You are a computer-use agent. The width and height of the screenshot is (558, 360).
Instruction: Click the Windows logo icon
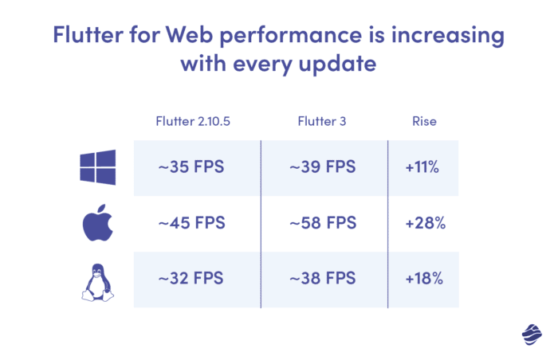(98, 168)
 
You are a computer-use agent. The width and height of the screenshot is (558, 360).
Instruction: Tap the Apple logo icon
(98, 224)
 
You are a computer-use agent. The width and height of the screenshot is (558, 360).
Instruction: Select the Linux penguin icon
(98, 280)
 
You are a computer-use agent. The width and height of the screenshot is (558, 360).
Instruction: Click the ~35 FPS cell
(196, 168)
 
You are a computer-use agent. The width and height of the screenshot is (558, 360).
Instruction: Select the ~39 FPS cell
(324, 168)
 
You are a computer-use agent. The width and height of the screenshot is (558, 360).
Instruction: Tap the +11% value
(424, 168)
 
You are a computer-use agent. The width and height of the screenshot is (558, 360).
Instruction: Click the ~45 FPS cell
(196, 224)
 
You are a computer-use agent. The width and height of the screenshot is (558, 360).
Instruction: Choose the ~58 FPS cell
(324, 224)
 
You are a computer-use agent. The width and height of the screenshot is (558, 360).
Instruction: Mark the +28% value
(424, 224)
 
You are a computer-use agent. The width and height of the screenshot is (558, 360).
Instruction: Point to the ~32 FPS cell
(196, 280)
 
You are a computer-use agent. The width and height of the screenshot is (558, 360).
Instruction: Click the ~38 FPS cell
(324, 280)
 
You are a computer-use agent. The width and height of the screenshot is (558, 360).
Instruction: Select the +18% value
(424, 280)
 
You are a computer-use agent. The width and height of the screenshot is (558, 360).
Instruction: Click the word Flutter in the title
(87, 36)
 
